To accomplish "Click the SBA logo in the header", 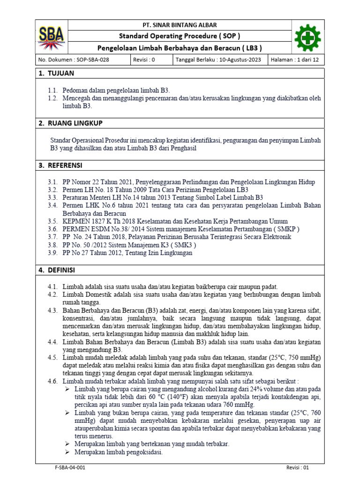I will (x=52, y=37).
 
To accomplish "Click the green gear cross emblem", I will (x=307, y=37).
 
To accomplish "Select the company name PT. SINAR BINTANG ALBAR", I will (x=180, y=25).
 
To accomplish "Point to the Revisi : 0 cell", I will (x=144, y=60).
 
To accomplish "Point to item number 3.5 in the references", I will (x=52, y=221).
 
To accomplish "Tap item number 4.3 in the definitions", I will (x=52, y=311).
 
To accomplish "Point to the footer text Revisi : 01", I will (x=298, y=468).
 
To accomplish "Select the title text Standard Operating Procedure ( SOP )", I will (x=180, y=36).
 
